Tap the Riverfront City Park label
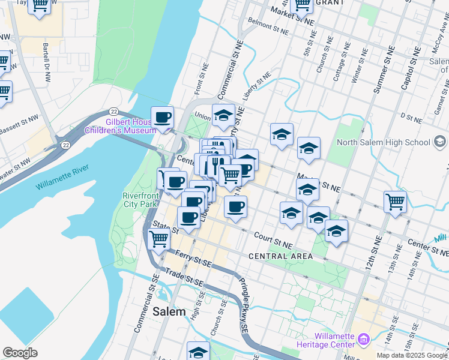point(140,200)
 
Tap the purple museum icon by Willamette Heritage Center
point(363,341)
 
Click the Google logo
point(20,353)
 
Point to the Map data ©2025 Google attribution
point(412,355)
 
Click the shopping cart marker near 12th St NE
point(395,202)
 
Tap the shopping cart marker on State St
point(158,239)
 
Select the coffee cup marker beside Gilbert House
point(162,117)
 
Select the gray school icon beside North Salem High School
point(440,142)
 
